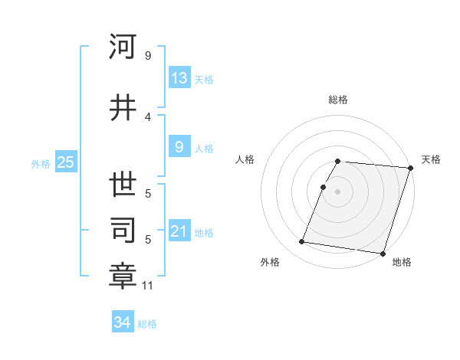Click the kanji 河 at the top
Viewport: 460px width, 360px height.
(x=123, y=47)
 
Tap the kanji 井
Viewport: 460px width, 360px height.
(x=123, y=108)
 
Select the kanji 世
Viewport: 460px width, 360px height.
(x=123, y=185)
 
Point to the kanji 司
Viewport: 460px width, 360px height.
(x=123, y=230)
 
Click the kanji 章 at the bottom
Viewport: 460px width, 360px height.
(x=123, y=276)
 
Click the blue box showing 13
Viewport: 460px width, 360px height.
(x=179, y=78)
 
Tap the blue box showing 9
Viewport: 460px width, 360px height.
(x=179, y=147)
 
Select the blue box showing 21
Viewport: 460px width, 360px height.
(x=179, y=231)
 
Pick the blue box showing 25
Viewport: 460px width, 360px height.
(x=65, y=162)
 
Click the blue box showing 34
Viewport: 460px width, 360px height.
(x=123, y=322)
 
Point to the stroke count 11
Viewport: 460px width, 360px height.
(x=148, y=286)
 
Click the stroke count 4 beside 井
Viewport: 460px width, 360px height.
(x=148, y=117)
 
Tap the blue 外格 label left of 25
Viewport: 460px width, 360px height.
(x=41, y=163)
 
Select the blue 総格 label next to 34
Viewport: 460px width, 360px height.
(x=147, y=324)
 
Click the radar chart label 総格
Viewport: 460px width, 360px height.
(x=338, y=100)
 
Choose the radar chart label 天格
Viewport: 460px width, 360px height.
(x=432, y=159)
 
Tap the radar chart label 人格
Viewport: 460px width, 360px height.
(x=245, y=159)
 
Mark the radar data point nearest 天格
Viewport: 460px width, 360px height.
(x=411, y=168)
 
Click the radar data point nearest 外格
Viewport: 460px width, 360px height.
(x=302, y=242)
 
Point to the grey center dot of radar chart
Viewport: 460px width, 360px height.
(x=338, y=191)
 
